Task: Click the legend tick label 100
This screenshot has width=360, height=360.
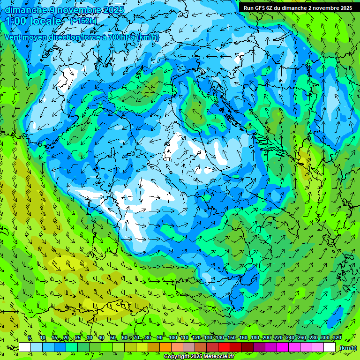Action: [x=173, y=338]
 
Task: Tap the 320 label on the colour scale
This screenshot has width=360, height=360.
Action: [x=337, y=338]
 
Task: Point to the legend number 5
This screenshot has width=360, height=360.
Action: [x=30, y=338]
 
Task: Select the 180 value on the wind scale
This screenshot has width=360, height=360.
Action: [x=255, y=338]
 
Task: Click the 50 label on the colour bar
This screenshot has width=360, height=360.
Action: [x=113, y=338]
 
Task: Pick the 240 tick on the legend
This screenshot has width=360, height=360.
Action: [x=290, y=338]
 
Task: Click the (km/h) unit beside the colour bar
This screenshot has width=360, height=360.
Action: [x=348, y=348]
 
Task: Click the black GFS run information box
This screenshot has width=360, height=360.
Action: [x=298, y=8]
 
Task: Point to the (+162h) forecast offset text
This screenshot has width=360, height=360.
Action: [x=83, y=21]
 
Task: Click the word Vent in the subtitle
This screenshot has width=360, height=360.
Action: [x=14, y=37]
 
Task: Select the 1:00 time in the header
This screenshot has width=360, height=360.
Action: [x=16, y=22]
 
